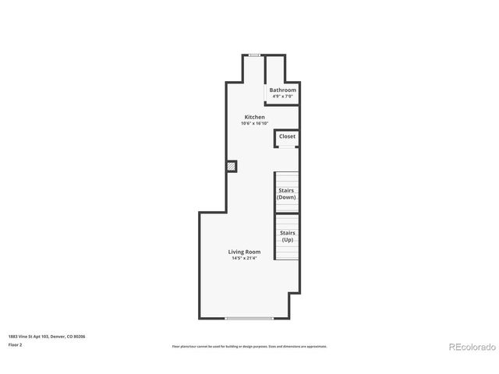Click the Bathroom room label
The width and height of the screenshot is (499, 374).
coord(282,90)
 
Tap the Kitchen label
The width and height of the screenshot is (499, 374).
coord(254,117)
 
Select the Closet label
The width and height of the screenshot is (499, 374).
coord(287,136)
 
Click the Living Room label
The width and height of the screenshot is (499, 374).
coord(244,252)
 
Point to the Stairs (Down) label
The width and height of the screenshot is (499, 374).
coord(287,193)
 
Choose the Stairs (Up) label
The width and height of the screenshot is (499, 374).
coord(287,235)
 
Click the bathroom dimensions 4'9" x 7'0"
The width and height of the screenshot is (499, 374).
coord(282,96)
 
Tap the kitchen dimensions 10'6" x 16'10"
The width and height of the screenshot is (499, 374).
coord(254,123)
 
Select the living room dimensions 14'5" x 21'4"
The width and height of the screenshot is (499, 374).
coord(244,258)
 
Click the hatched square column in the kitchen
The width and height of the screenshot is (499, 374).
coord(232,166)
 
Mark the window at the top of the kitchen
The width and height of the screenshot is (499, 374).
coord(254,55)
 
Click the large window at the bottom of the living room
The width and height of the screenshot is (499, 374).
coord(249,318)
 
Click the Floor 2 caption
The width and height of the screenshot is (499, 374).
coord(16,344)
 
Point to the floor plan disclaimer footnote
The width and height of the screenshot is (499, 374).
coord(249,346)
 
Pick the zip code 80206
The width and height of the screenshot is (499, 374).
coord(80,336)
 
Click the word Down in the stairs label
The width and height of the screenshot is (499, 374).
coord(287,197)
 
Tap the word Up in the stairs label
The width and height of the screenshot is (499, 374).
coord(287,239)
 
